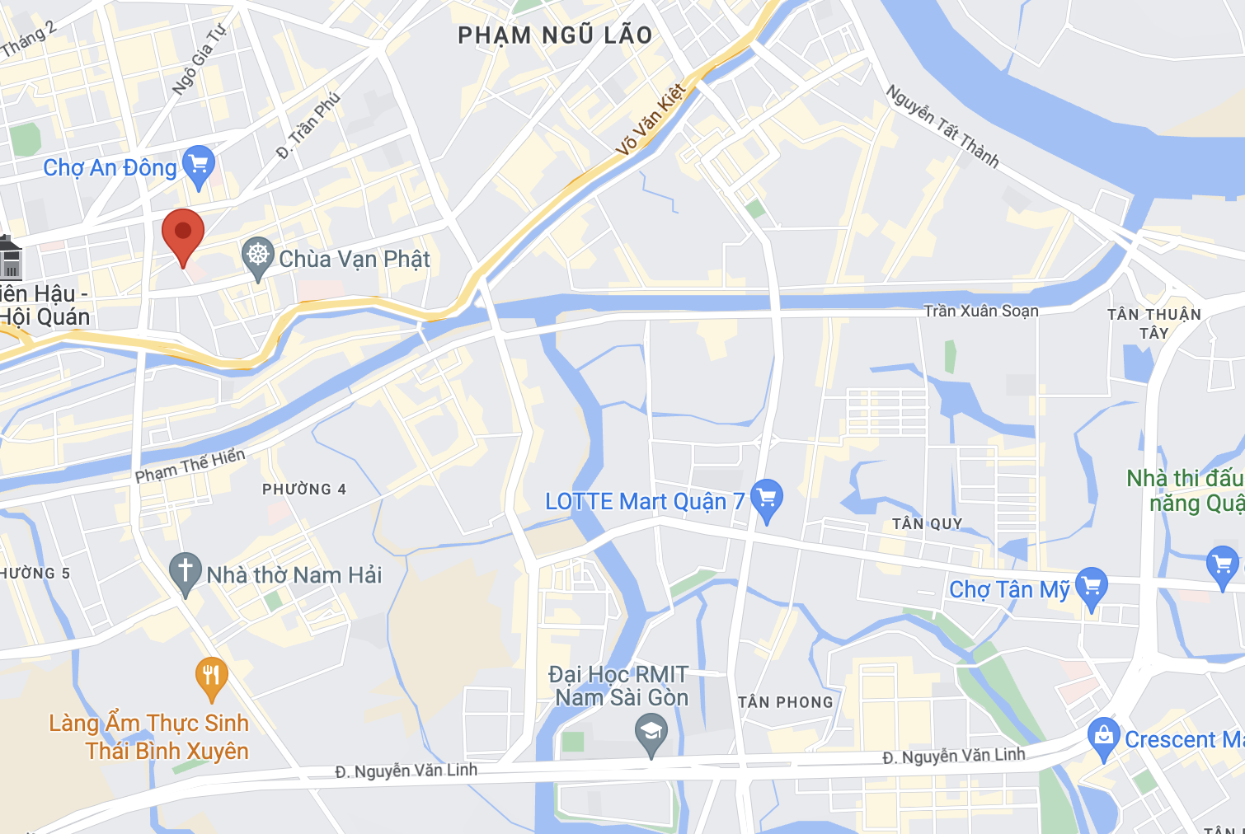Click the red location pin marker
point(183,233)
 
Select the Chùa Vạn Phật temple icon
point(258,255)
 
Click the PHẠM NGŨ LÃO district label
point(555,35)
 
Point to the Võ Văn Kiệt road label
point(651,120)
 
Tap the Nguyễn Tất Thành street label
point(942,126)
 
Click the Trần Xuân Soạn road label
point(980,311)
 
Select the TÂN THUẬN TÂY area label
point(1153,323)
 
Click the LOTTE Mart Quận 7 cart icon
point(767,499)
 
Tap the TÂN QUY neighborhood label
point(927,524)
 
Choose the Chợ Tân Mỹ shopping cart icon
point(1092,587)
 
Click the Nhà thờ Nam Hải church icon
point(186,571)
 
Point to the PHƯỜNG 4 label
point(304,490)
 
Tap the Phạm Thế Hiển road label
point(190,466)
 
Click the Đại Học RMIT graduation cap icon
point(651,733)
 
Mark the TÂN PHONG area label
point(785,702)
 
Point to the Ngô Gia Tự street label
point(198,60)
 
